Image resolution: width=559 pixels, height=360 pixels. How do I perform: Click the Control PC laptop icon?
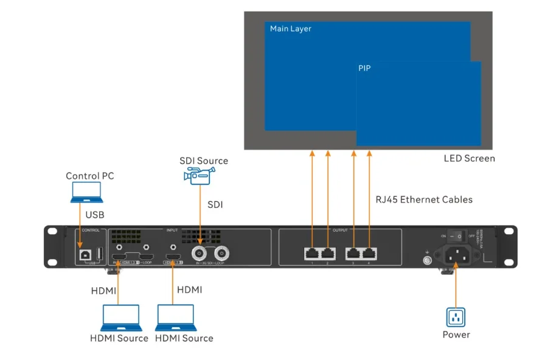[86, 192]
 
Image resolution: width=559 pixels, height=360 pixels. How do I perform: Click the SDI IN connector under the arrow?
[200, 252]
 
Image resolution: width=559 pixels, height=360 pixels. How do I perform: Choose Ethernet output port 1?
[312, 253]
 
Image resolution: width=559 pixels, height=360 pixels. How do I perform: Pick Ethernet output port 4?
[369, 253]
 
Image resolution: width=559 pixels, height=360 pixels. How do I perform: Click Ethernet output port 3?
[353, 253]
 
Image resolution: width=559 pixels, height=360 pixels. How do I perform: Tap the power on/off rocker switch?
[461, 235]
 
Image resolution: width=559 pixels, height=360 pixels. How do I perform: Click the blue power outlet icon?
[456, 317]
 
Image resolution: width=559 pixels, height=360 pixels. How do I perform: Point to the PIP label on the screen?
[364, 68]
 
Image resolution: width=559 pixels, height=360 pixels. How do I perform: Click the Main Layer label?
[291, 29]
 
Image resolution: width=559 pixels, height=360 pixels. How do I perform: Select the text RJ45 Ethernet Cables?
[423, 199]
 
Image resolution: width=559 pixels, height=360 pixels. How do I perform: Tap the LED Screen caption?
[469, 158]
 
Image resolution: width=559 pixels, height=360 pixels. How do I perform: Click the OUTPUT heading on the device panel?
[340, 230]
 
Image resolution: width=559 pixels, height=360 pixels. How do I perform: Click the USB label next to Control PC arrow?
[95, 215]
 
